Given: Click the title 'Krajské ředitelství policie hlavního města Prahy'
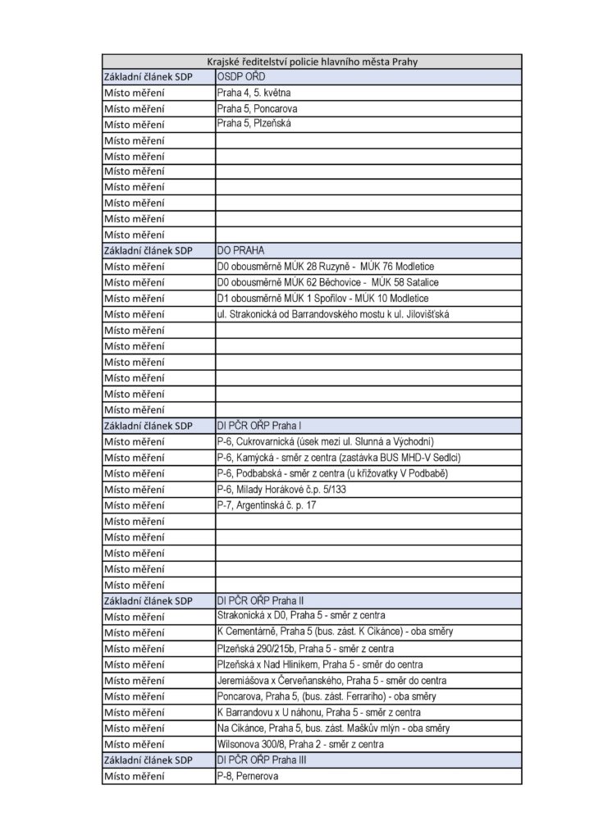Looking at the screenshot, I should click(x=312, y=61).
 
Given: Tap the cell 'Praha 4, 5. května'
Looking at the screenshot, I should click(x=254, y=93).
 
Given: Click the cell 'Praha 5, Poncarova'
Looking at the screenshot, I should click(x=257, y=108).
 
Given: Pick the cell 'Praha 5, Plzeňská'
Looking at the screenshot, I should click(x=254, y=124).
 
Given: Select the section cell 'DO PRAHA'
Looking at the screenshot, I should click(x=240, y=250).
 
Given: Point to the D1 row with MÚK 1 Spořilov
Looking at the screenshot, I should click(x=322, y=298).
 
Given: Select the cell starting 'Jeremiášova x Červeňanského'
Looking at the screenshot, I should click(x=331, y=680).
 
